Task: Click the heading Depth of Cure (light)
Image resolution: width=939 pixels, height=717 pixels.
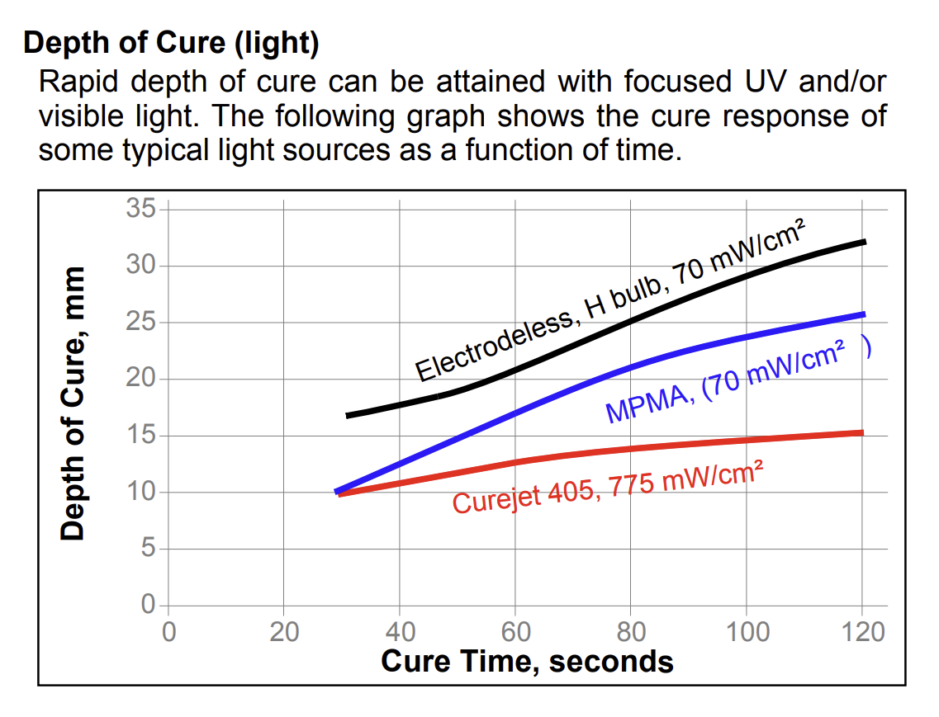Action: coord(171,43)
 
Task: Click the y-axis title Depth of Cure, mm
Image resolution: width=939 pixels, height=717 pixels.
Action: coord(74,404)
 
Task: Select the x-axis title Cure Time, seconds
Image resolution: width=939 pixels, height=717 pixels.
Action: coord(527,661)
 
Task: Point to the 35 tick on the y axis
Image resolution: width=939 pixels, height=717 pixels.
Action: coord(140,208)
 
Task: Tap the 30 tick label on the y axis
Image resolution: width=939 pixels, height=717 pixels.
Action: coord(140,266)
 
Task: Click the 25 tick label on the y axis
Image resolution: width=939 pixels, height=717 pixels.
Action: coord(140,323)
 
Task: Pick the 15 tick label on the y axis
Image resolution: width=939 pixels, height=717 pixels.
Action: coord(140,436)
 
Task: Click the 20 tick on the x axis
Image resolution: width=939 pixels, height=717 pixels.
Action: coord(283,632)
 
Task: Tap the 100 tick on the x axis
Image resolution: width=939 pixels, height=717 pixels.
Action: coord(747,632)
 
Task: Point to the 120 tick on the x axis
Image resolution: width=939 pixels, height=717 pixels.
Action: coord(863,632)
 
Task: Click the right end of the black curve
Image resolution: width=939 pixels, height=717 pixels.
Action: coord(864,241)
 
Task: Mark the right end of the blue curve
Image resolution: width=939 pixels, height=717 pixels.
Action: coord(863,314)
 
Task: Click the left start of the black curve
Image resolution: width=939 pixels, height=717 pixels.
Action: coord(348,415)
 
